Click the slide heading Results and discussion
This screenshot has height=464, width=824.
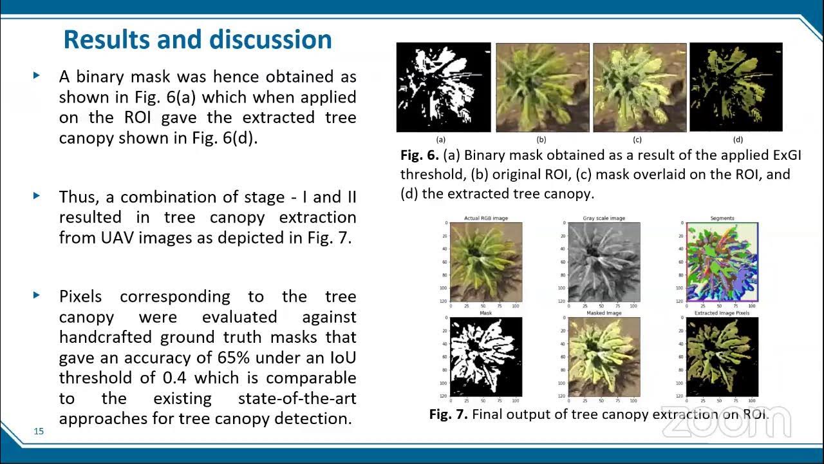click(198, 40)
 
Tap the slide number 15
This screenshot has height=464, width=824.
click(39, 431)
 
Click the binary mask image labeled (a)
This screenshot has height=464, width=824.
click(444, 87)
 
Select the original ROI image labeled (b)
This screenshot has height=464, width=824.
click(542, 87)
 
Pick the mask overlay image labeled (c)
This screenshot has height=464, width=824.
click(639, 87)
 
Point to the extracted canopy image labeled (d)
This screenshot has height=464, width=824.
click(736, 87)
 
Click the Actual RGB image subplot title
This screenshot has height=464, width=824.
click(486, 218)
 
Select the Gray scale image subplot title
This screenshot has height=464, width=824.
click(604, 218)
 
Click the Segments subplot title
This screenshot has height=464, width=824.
click(722, 218)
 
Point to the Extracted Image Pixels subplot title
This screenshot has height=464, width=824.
click(722, 313)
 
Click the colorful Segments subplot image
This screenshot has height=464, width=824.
click(722, 262)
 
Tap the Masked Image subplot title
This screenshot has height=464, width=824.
click(604, 313)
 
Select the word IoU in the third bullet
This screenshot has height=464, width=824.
click(342, 358)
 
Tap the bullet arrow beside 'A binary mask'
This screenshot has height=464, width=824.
click(37, 75)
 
